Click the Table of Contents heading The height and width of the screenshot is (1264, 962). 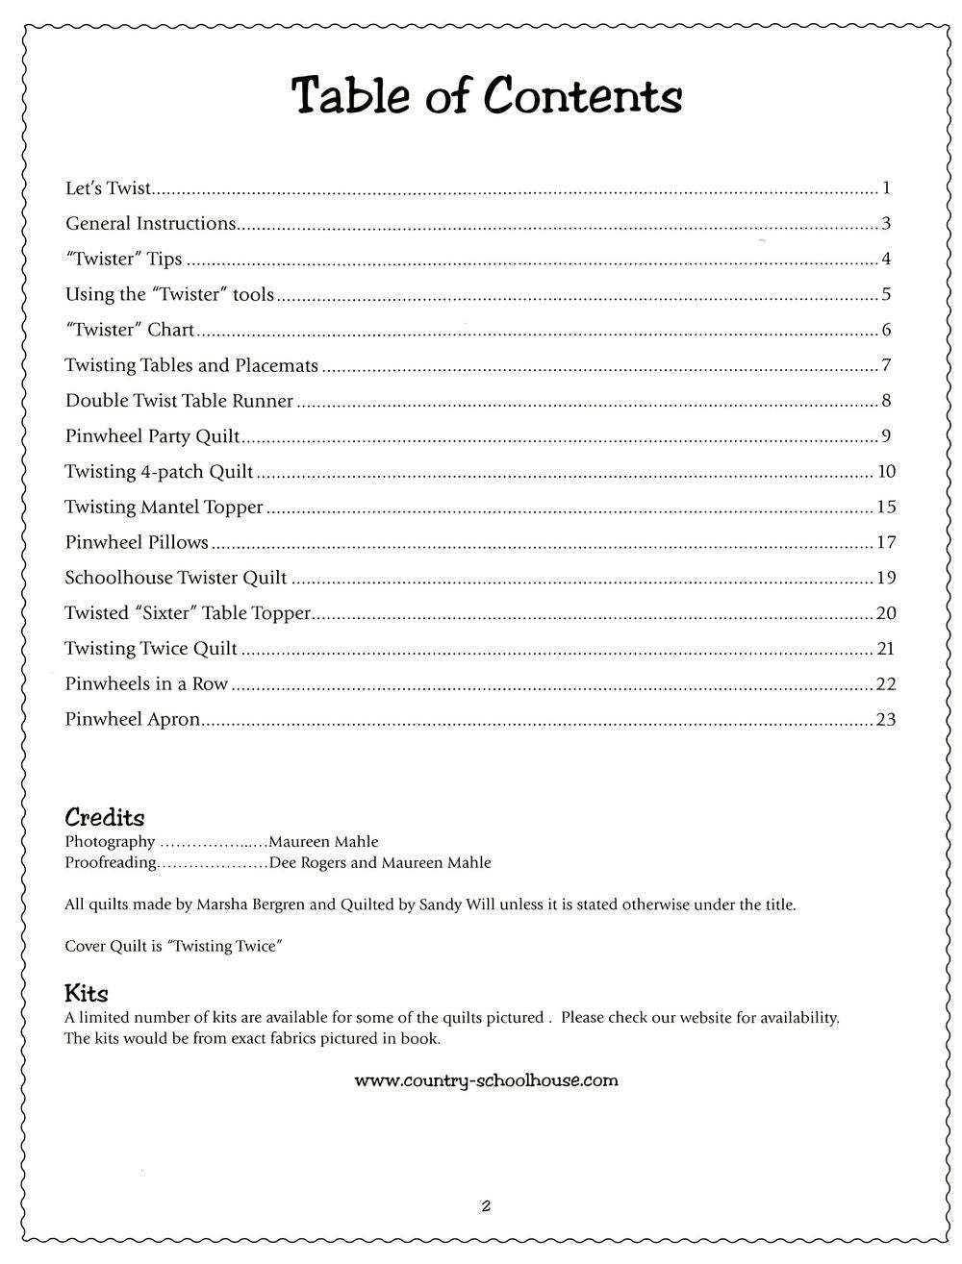487,96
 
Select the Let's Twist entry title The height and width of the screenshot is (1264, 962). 109,188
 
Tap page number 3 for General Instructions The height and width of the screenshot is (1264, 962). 886,224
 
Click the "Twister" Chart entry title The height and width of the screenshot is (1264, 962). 130,330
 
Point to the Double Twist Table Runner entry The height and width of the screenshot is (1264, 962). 179,401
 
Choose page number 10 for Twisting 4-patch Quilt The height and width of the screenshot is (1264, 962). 886,471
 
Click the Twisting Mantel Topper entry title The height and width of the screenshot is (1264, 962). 164,507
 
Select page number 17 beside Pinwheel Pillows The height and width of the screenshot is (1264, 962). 886,542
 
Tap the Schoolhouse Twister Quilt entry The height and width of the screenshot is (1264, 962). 176,578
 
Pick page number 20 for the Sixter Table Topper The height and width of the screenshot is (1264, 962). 886,613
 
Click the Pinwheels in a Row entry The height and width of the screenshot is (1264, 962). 146,684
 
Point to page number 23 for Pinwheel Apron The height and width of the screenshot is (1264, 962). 886,719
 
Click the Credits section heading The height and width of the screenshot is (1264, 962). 105,818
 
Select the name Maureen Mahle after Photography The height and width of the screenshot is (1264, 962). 323,842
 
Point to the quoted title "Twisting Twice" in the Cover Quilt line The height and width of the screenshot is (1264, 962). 224,947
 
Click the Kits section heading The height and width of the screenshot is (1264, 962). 87,993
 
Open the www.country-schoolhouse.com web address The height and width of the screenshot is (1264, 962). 487,1080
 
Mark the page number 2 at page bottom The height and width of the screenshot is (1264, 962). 487,1206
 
